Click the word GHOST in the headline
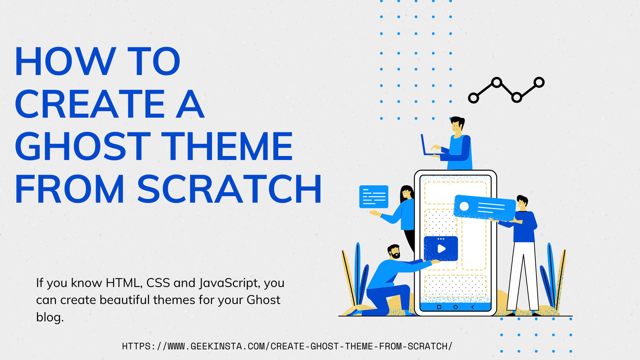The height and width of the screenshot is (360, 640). click(82, 147)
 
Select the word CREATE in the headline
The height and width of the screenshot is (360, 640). click(90, 104)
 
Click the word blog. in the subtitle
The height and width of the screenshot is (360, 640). click(50, 317)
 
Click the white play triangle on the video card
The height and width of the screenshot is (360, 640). click(441, 249)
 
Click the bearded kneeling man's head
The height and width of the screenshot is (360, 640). click(394, 252)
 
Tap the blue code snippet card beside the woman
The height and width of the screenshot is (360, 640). click(374, 197)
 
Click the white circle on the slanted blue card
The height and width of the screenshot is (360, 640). click(464, 206)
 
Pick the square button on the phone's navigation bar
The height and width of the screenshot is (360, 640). click(439, 307)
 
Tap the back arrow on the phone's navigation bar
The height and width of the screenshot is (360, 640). click(473, 307)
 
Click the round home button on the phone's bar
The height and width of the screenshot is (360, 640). click(455, 307)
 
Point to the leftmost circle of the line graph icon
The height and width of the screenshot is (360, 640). click(473, 98)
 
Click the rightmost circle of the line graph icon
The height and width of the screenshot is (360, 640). click(539, 82)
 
